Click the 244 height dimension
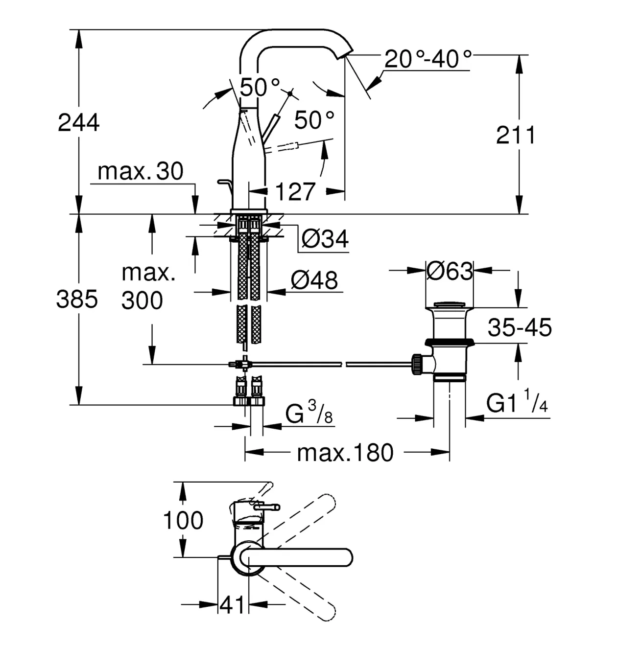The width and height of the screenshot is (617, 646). (x=79, y=123)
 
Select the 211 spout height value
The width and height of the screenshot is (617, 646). (x=516, y=135)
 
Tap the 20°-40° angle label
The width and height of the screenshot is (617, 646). (x=428, y=59)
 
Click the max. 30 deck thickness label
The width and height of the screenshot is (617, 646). (x=141, y=171)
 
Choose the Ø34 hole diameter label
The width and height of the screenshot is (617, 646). (x=325, y=239)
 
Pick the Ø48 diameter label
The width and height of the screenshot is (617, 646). (x=314, y=280)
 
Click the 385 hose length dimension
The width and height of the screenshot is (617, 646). (x=77, y=299)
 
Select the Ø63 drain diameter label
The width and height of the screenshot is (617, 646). (x=450, y=271)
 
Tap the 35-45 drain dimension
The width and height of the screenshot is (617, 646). (x=520, y=327)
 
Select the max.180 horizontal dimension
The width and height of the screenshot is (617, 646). (x=345, y=453)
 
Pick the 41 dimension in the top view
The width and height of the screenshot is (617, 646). (x=232, y=604)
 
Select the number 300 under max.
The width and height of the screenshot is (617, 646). (x=142, y=300)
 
